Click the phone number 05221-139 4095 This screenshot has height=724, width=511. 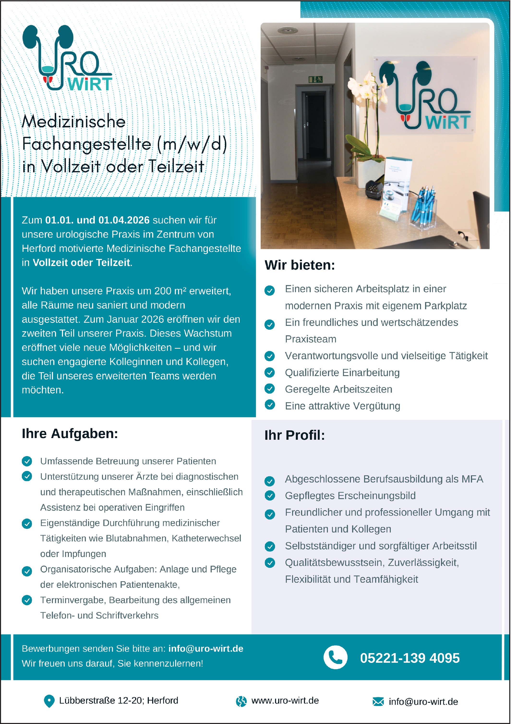409,658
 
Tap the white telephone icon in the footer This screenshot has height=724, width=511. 335,657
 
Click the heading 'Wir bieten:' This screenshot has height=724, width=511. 300,265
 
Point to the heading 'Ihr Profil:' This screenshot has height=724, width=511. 294,435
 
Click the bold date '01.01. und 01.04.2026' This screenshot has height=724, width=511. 97,220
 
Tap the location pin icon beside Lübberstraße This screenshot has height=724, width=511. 49,701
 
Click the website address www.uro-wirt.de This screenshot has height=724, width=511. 285,701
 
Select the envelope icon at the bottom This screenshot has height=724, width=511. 378,702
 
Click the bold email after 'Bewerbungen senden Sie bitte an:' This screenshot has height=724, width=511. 206,649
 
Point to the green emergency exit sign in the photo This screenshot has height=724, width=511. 315,79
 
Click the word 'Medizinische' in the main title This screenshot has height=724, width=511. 74,122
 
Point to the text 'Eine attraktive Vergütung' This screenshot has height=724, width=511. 343,406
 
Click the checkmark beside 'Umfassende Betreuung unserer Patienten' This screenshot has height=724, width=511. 27,461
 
